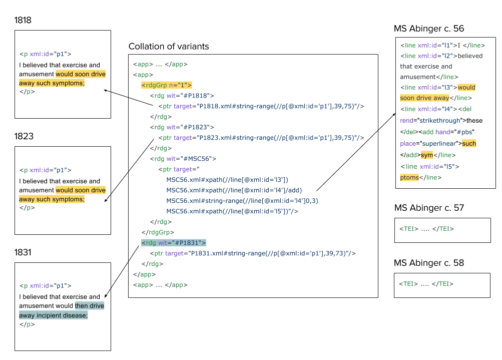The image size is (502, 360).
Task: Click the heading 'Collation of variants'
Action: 169,47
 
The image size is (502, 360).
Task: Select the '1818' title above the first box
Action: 23,20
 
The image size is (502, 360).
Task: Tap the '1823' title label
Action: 24,136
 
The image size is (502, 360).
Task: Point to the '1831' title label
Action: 23,252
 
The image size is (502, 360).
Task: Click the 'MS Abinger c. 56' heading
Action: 429,29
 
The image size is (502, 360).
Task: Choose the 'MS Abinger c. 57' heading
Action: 429,208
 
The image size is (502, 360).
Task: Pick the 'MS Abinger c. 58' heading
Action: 429,263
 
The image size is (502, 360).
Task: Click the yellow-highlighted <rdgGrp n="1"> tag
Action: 167,85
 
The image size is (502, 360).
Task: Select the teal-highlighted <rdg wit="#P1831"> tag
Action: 174,243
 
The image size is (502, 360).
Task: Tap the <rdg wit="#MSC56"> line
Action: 183,159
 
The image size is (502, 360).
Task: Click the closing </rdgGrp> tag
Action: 158,232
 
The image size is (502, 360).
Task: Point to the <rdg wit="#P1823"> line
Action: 182,127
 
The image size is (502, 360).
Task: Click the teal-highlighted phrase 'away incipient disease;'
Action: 53,315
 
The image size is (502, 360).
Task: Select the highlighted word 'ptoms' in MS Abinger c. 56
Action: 409,177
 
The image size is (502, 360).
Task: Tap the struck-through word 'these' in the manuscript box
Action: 474,121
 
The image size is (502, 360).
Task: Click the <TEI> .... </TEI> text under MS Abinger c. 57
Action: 426,229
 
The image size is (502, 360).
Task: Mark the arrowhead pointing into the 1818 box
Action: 105,91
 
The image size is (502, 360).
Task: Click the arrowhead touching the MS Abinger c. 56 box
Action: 394,114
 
